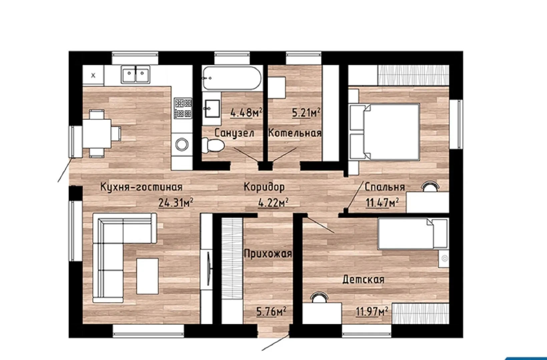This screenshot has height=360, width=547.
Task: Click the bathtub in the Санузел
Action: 232,78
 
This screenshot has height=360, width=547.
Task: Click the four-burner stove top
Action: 183,108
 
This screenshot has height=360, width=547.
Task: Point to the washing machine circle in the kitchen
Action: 182,144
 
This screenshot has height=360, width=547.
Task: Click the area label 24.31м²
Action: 176,202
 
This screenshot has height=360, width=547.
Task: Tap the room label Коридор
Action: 264,187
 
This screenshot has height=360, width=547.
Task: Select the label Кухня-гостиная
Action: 141,187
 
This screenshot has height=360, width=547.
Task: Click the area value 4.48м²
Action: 246,113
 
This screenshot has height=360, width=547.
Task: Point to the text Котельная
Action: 295,133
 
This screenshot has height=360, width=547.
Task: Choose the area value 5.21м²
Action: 306,113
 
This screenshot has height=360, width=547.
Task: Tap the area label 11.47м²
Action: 382,202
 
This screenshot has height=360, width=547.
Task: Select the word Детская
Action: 363,280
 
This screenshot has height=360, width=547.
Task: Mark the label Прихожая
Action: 268,254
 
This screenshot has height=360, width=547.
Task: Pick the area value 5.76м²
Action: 271,311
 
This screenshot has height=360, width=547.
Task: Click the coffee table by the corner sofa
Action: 147,276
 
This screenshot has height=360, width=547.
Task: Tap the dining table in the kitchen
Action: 97,134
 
